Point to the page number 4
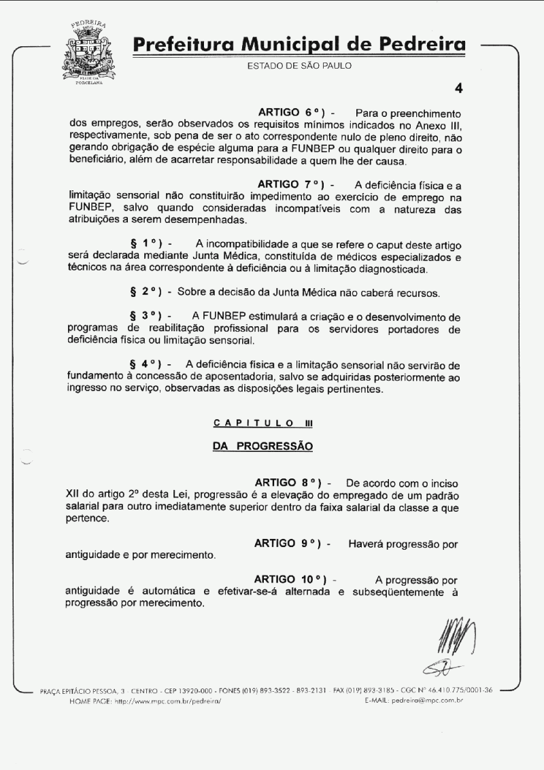pyautogui.click(x=458, y=88)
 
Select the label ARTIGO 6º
pyautogui.click(x=290, y=111)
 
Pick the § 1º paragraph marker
pyautogui.click(x=144, y=243)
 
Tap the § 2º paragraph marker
pyautogui.click(x=144, y=292)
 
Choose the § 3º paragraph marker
pyautogui.click(x=144, y=317)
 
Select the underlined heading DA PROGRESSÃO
pyautogui.click(x=262, y=447)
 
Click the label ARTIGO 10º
pyautogui.click(x=290, y=579)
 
